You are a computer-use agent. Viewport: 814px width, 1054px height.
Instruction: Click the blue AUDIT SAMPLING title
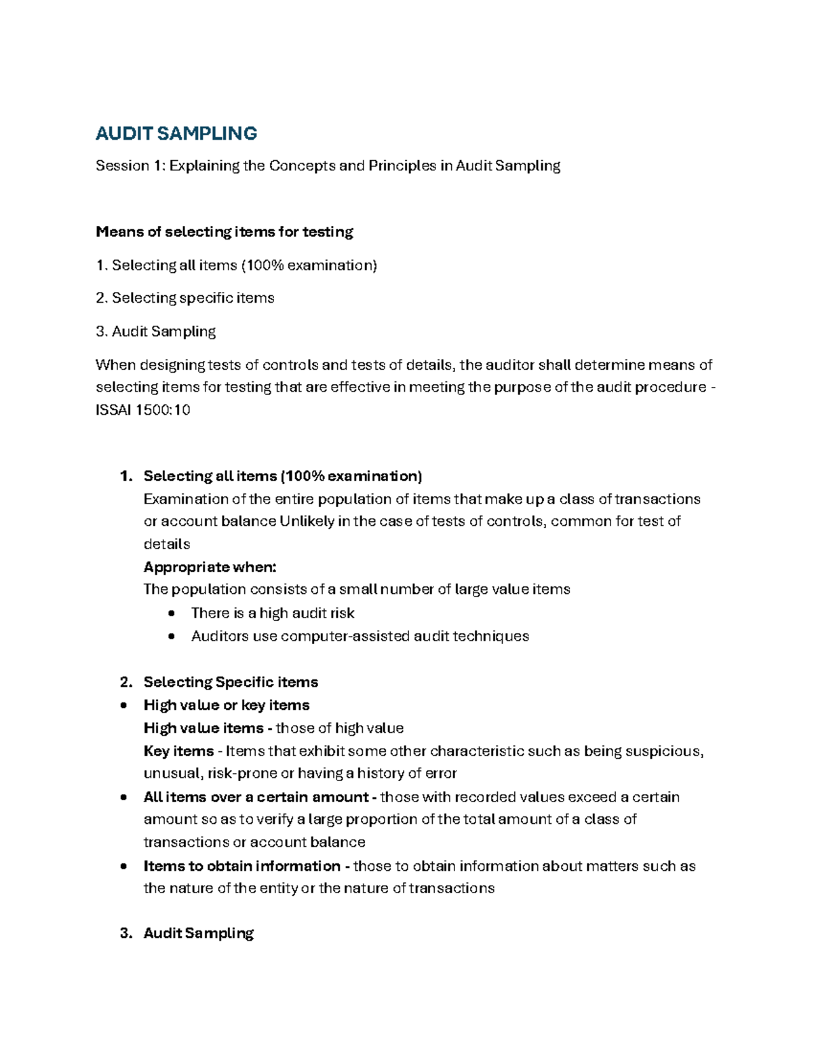176,134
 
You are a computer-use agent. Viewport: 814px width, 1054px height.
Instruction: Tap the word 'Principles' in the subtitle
402,166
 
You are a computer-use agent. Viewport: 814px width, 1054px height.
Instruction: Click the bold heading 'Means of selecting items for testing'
225,232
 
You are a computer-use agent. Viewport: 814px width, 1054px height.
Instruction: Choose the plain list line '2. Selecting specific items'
185,298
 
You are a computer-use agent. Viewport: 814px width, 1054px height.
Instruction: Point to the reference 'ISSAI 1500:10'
143,410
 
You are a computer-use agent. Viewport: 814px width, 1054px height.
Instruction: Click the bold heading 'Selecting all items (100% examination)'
283,476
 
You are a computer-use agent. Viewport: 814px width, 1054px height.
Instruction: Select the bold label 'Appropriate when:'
210,567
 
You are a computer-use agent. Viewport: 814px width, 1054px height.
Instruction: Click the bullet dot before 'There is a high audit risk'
172,614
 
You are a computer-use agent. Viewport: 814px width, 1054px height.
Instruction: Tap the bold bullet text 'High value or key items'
227,705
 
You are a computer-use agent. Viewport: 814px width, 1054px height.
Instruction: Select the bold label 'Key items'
178,751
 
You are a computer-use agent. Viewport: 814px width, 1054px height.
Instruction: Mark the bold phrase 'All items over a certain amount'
256,797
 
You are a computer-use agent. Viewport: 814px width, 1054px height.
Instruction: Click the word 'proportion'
381,820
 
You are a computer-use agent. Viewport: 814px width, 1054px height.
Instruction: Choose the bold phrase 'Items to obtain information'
242,867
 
